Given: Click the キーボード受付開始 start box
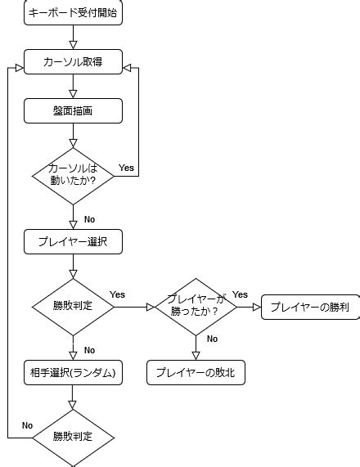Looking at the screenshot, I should tap(73, 14).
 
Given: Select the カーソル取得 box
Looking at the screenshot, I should tap(73, 61).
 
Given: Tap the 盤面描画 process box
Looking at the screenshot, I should tap(73, 110).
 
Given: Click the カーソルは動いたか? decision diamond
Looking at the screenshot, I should tap(73, 173).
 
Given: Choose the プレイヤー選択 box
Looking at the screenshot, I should tap(73, 242).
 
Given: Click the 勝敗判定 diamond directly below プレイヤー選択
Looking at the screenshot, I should tap(73, 307).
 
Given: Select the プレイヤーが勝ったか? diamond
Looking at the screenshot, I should tap(196, 307).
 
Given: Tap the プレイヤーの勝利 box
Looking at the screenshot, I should tap(310, 308).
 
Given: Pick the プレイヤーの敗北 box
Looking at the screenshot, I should tap(196, 372).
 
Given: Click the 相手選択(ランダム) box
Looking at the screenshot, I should tap(73, 372).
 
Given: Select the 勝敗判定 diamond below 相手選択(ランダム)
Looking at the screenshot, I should tap(73, 436).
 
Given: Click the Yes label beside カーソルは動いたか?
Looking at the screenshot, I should tap(126, 168).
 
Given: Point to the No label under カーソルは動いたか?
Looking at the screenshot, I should tap(89, 219).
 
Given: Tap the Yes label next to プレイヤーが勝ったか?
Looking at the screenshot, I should tap(240, 294).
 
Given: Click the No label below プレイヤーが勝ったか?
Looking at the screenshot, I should tap(212, 339).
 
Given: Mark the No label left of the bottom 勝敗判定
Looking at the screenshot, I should tap(27, 425).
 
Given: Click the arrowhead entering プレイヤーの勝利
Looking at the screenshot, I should tap(255, 308).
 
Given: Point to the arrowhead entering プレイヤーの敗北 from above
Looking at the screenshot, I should tap(196, 355).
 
